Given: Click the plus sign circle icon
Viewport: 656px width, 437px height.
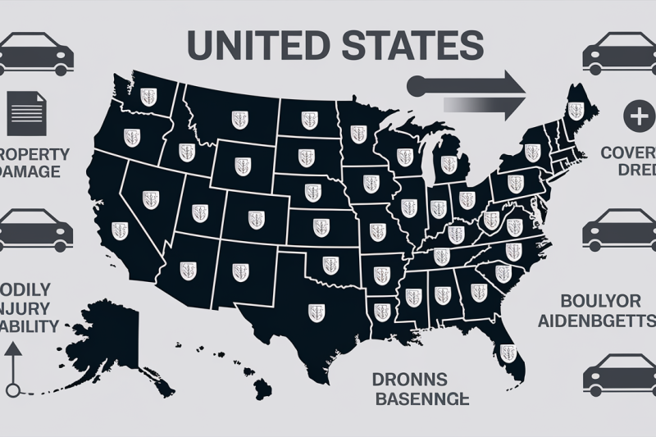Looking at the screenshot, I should point(637,116).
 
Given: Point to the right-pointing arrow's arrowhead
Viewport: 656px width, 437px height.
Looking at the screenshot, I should point(512,85).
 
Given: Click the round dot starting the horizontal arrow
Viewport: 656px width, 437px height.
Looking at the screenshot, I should point(414,84).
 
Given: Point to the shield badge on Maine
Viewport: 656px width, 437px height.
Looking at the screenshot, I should point(576,108).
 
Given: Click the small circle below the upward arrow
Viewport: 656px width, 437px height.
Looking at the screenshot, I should point(11,390).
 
